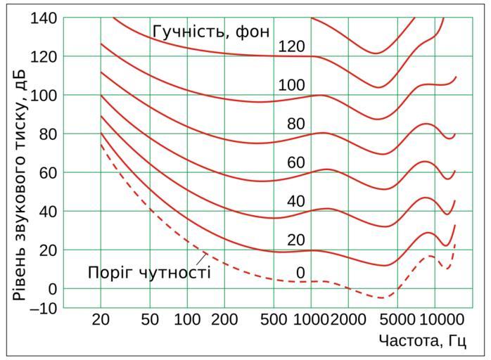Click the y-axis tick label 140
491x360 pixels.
coord(44,18)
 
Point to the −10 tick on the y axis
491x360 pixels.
coord(44,308)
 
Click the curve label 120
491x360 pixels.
coord(291,47)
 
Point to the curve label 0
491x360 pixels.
coord(300,272)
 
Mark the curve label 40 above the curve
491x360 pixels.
coord(295,202)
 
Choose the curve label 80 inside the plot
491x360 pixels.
coord(295,124)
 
